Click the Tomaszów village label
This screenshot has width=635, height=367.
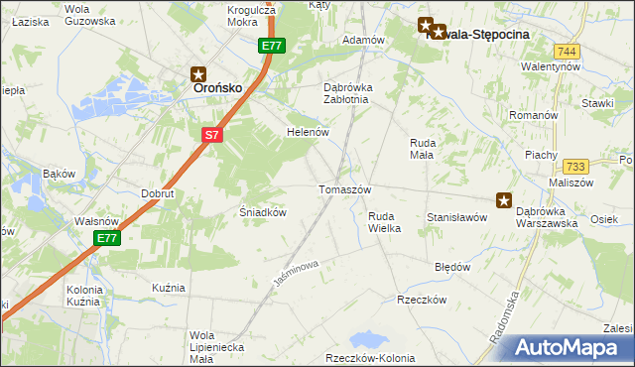(x=344, y=189)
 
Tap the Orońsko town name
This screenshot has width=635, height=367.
(x=212, y=87)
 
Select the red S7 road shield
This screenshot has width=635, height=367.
(x=211, y=135)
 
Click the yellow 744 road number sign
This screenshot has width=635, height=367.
(x=567, y=51)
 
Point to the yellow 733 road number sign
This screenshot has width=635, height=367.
(x=573, y=168)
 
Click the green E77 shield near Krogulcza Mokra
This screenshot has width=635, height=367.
(x=273, y=47)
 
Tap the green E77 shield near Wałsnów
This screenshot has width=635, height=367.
(x=108, y=239)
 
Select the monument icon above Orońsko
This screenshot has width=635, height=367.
(x=197, y=73)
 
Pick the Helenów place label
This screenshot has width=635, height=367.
(x=307, y=132)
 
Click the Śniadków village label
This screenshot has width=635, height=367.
(x=264, y=212)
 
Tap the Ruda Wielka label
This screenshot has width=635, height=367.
(x=384, y=222)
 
